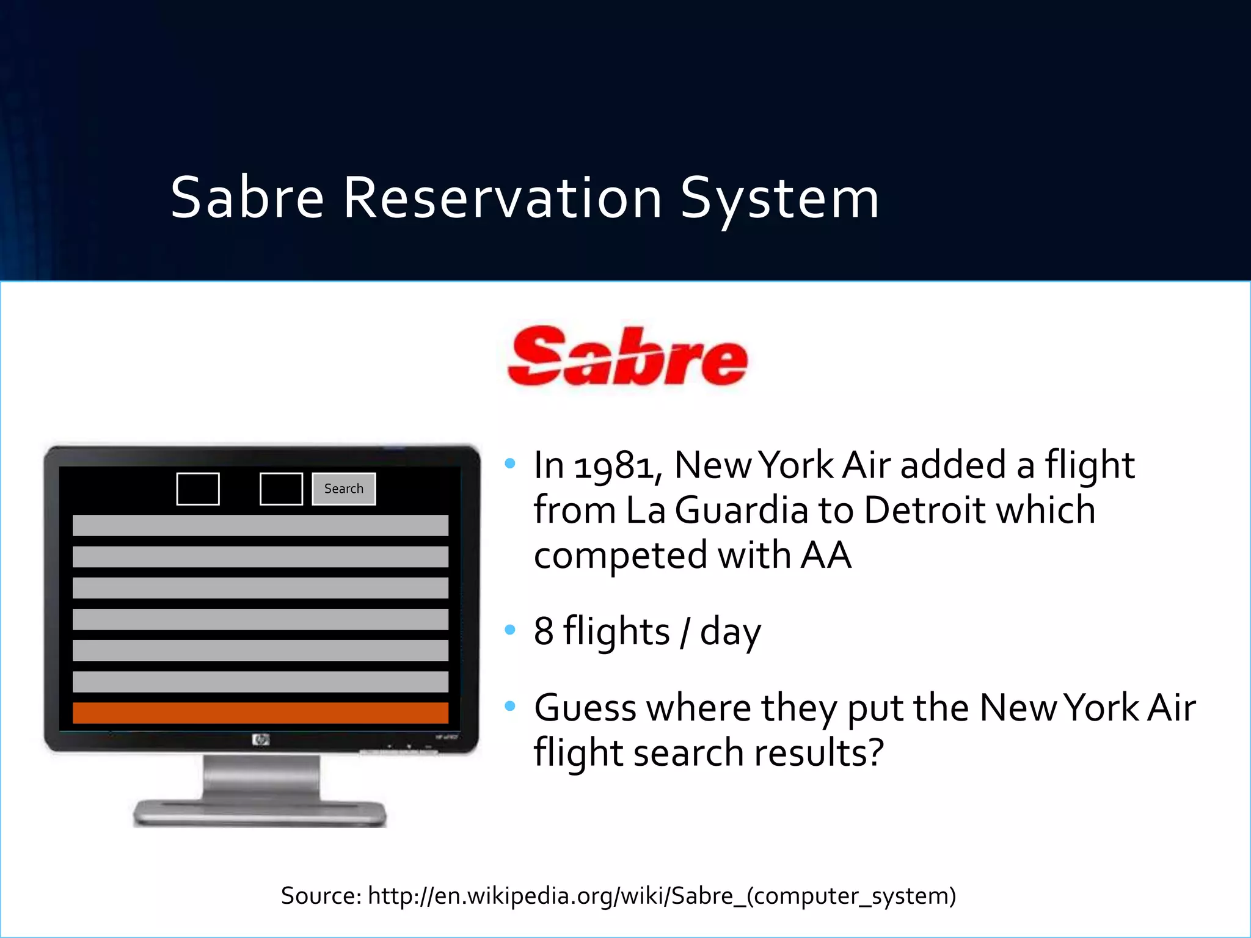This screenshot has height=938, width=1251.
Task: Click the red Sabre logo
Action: [x=627, y=357]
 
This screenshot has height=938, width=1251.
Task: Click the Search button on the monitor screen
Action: [x=343, y=489]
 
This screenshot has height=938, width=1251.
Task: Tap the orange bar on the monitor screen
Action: [x=260, y=713]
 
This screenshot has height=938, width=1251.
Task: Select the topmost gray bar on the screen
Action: [x=260, y=525]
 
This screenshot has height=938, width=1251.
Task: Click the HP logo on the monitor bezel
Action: [x=260, y=740]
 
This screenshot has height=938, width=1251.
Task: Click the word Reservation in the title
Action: [x=502, y=198]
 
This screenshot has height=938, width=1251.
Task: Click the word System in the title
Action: [x=779, y=198]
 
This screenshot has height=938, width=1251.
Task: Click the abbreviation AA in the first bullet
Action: [x=825, y=556]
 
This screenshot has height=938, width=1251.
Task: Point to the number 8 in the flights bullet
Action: [x=543, y=631]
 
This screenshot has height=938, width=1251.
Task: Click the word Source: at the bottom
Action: [x=321, y=896]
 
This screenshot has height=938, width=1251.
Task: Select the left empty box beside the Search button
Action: [x=198, y=489]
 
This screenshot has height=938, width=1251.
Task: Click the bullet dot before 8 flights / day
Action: [x=510, y=630]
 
